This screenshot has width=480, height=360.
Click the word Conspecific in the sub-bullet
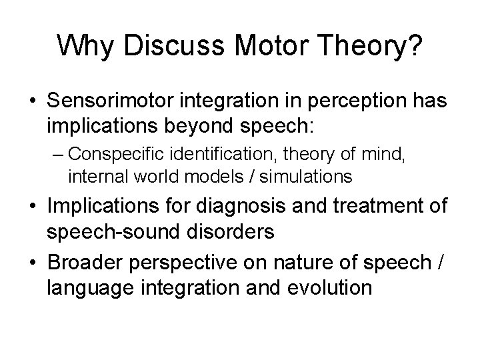pyautogui.click(x=113, y=154)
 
